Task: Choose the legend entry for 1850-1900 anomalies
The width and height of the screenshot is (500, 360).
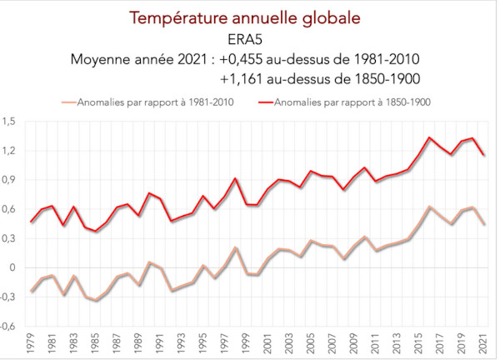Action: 340,103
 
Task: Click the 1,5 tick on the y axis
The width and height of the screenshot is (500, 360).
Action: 10,122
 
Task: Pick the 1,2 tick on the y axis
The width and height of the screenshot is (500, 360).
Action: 10,151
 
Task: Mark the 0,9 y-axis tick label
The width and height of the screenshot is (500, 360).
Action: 10,180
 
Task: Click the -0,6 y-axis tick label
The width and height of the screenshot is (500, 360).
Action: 9,326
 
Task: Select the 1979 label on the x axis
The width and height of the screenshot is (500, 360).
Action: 32,342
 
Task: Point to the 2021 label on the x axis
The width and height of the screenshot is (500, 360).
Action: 484,342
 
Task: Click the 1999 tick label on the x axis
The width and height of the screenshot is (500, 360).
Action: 247,342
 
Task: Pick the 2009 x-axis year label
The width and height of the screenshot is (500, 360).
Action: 355,342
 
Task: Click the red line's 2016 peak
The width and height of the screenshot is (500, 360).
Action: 429,137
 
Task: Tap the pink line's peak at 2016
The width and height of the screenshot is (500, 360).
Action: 429,207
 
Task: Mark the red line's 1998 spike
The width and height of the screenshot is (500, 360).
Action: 236,178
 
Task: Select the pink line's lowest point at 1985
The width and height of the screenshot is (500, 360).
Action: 96,300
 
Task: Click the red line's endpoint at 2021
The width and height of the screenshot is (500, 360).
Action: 483,155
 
